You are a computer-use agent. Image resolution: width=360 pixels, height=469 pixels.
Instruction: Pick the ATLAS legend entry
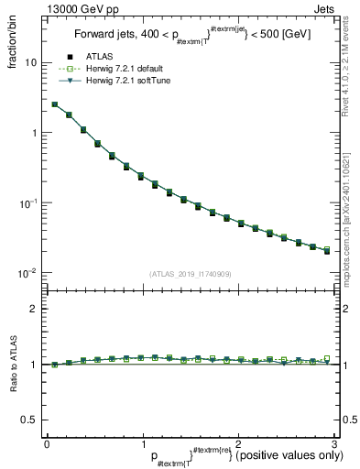pos(102,57)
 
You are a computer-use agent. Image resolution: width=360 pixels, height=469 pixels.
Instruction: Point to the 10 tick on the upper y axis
pos(30,63)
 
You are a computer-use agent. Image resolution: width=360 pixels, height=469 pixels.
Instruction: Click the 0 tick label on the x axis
pos(47,443)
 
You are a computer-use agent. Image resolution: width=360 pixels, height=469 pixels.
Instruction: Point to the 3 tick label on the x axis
pos(333,443)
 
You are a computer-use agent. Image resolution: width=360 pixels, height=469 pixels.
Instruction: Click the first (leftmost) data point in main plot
pos(55,104)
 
